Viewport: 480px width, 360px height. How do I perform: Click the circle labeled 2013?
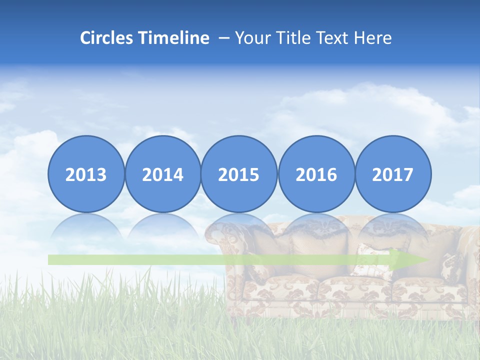click(86, 174)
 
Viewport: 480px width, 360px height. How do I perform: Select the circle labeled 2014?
click(162, 174)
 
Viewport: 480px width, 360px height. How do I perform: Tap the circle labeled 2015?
click(239, 174)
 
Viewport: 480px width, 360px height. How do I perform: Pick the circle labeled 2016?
click(316, 174)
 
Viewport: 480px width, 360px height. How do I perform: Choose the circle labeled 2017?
click(392, 174)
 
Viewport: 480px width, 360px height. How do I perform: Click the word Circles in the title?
click(107, 38)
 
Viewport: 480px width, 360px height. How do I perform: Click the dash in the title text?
click(224, 38)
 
